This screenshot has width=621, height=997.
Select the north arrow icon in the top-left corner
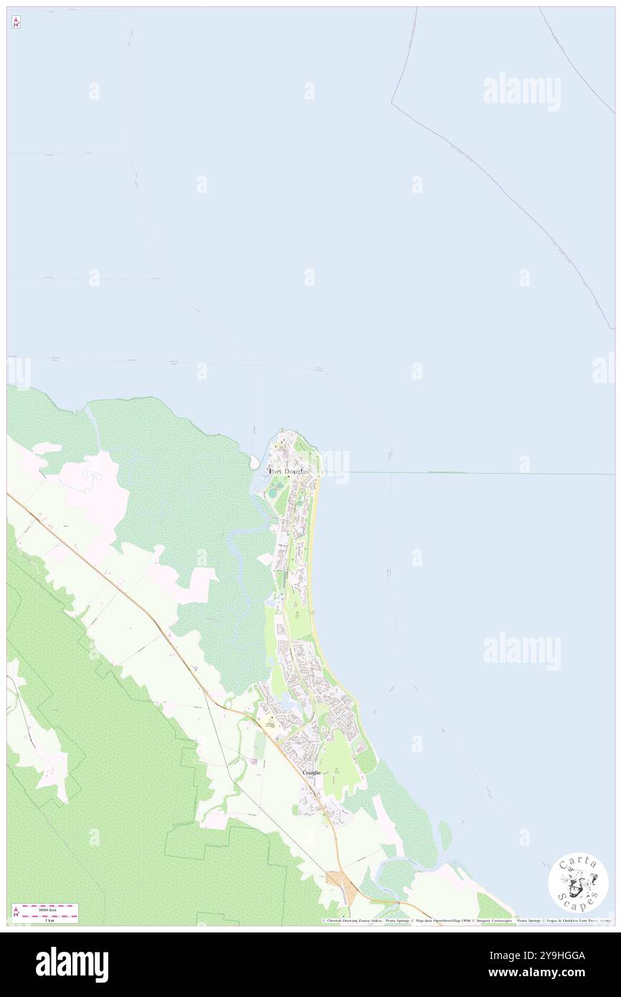[x=16, y=23]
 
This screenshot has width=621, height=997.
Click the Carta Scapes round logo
[x=578, y=882]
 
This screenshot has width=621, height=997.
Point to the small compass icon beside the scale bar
[x=16, y=912]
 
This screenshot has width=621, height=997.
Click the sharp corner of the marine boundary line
[x=392, y=103]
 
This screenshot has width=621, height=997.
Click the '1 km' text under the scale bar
[x=49, y=920]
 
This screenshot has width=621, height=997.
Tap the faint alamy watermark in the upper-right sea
[x=521, y=92]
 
